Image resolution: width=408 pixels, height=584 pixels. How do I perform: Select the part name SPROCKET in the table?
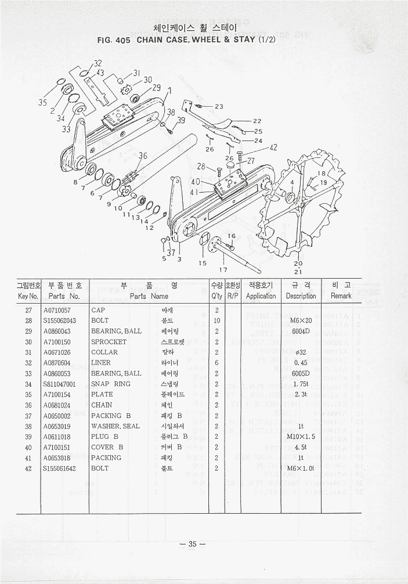[x=109, y=342]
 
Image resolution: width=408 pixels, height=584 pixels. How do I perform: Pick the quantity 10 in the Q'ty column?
[x=216, y=320]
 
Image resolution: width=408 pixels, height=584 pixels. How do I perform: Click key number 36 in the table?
[x=28, y=405]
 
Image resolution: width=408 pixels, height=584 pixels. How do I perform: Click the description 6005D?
[x=300, y=373]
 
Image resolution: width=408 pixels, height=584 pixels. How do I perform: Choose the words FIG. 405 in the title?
[x=116, y=41]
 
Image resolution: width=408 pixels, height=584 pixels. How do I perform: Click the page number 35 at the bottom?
[x=193, y=544]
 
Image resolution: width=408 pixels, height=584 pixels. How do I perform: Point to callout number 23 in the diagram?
[x=218, y=106]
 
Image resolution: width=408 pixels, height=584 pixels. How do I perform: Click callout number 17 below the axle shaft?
[x=222, y=269]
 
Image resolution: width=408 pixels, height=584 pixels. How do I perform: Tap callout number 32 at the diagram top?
[x=98, y=63]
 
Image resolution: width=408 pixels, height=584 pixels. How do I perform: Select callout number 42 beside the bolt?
[x=273, y=147]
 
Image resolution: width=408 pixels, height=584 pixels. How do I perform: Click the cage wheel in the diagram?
[x=302, y=203]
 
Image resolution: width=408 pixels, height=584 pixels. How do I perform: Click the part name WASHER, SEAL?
[x=115, y=426]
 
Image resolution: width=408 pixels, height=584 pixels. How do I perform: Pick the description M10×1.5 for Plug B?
[x=300, y=437]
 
